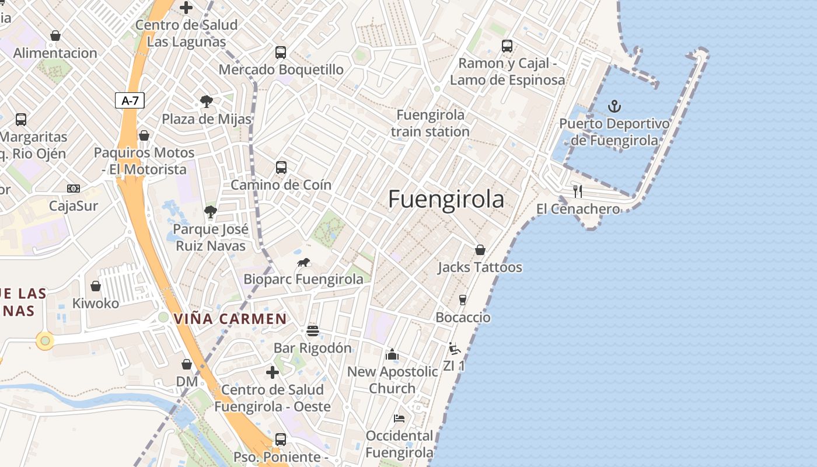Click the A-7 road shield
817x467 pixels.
coord(130,100)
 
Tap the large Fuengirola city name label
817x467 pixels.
coord(446,199)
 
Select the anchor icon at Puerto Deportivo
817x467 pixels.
coord(614,106)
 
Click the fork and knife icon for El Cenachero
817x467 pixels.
coord(578,191)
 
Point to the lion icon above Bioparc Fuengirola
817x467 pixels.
coord(303,262)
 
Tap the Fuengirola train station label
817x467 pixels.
coord(430,123)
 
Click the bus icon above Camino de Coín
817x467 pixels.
coord(281,168)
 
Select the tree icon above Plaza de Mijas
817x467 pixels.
coord(206,102)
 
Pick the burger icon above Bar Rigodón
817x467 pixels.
coord(313,331)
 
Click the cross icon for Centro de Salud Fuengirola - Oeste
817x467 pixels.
coord(273,372)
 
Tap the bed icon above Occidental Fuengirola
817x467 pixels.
coord(399,418)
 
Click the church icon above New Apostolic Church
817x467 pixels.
coord(392,354)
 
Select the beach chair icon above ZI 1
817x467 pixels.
coord(454,348)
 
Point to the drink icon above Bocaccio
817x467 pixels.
coord(463,300)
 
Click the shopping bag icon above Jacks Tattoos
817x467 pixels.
coord(480,250)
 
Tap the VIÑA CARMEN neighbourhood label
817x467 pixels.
coord(231,319)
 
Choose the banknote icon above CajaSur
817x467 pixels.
coord(74,188)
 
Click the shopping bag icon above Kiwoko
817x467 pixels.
coord(96,286)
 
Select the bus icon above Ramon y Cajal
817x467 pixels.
coord(507,46)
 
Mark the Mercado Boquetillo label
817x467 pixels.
coord(281,69)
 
